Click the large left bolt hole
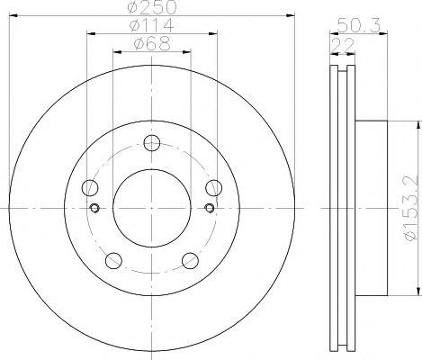(x=88, y=187)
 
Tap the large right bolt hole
(x=213, y=187)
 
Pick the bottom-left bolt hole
(x=112, y=260)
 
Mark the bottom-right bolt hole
(x=190, y=260)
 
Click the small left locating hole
(x=94, y=209)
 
